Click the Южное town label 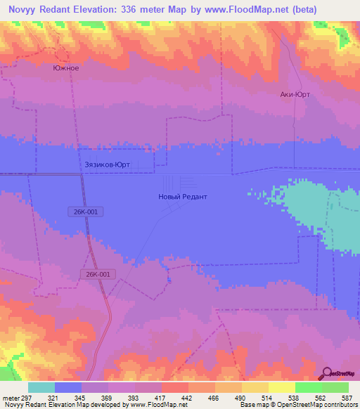[x=65, y=68]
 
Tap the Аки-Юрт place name [x=295, y=94]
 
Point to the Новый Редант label [x=182, y=197]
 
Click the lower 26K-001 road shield [x=98, y=274]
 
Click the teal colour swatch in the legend [x=41, y=387]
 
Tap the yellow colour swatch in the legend [x=281, y=387]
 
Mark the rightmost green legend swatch [x=335, y=387]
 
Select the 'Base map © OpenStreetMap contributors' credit [x=298, y=405]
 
